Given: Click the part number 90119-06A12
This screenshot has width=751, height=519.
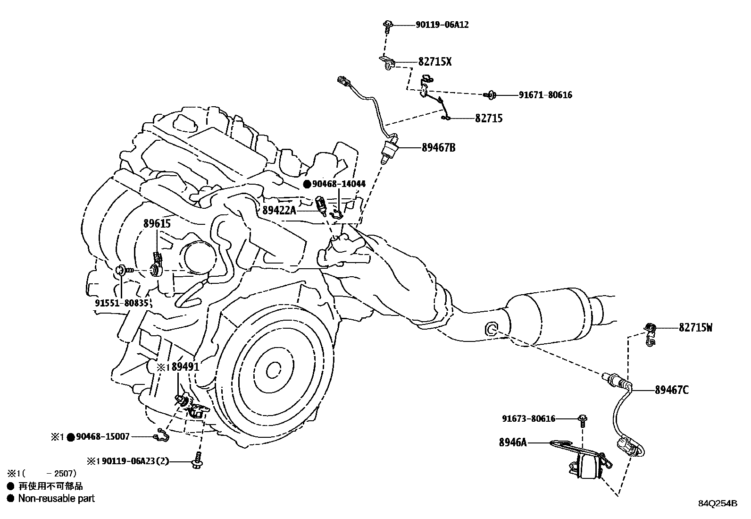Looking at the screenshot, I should pyautogui.click(x=442, y=25).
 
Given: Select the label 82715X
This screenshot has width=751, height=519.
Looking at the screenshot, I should pyautogui.click(x=434, y=62).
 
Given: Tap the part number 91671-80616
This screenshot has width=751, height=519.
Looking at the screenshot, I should pyautogui.click(x=545, y=95).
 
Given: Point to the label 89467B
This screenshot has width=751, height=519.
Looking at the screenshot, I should pyautogui.click(x=438, y=148).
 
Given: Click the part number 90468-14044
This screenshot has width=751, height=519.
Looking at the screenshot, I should pyautogui.click(x=339, y=184).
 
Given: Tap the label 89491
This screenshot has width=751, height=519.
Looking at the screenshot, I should pyautogui.click(x=185, y=367).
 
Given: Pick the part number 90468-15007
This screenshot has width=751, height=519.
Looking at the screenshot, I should pyautogui.click(x=102, y=437).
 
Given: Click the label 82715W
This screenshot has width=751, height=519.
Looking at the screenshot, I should pyautogui.click(x=696, y=327).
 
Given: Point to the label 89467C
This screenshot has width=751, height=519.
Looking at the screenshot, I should pyautogui.click(x=672, y=390).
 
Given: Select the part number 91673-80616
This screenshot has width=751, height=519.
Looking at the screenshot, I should pyautogui.click(x=528, y=418).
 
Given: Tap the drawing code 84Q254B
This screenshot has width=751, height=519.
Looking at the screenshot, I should pyautogui.click(x=718, y=503).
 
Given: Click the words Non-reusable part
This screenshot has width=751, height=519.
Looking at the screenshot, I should pyautogui.click(x=56, y=498).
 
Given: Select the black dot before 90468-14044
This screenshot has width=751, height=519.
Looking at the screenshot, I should pyautogui.click(x=307, y=184).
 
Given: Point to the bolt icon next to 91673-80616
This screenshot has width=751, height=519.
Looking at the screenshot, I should pyautogui.click(x=583, y=418).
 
